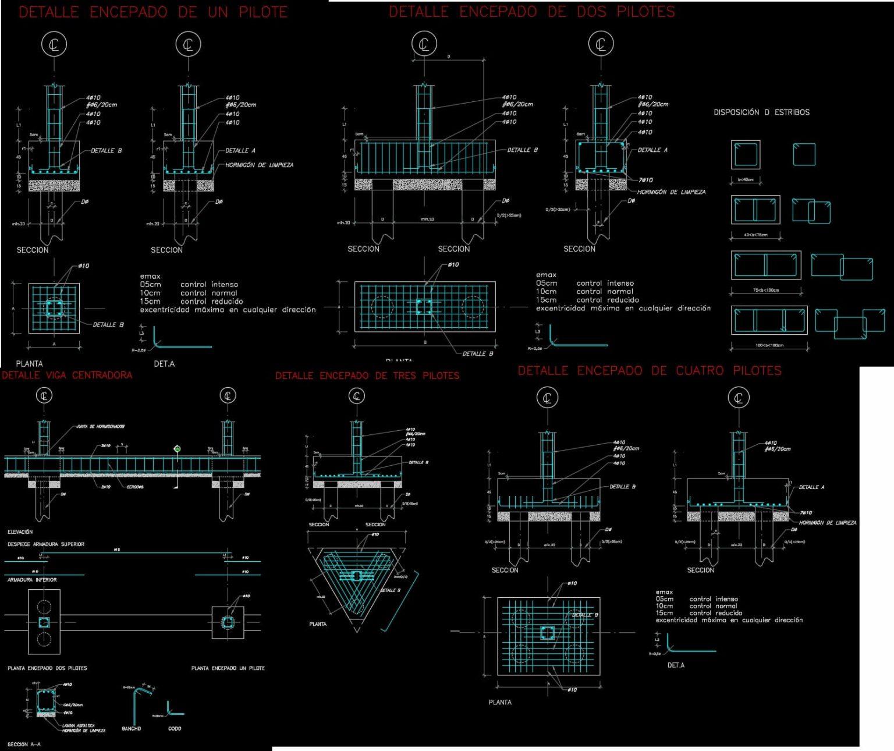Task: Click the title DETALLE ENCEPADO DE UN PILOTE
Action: coord(153,12)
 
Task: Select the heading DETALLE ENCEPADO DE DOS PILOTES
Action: coord(531,12)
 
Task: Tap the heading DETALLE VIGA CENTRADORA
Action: coord(67,375)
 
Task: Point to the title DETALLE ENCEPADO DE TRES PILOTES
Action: coord(367,375)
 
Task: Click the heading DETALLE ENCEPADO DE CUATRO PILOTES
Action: coord(649,370)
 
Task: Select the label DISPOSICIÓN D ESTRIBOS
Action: coord(761,112)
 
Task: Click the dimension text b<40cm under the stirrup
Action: coord(746,180)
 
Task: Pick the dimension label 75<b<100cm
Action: coord(765,290)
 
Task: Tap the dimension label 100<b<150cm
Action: coord(769,345)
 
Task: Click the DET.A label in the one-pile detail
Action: coord(164,364)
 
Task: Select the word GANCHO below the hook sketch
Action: coord(132,728)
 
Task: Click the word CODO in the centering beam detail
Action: coord(175,728)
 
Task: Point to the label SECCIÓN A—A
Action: coord(24,744)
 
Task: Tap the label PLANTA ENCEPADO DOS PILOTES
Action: coord(47,668)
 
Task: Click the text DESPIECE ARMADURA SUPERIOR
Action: coord(46,544)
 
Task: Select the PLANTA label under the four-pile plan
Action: coord(500,702)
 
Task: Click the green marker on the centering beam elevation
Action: coord(177,448)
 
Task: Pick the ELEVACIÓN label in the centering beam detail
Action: coord(20,532)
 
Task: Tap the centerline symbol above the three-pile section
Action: coord(356,396)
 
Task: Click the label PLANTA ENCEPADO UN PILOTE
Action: coord(228,668)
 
